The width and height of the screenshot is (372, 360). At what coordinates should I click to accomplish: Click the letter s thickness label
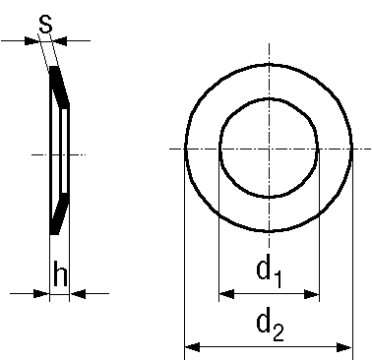[43, 21]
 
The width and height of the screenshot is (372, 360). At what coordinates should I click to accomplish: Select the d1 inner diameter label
[269, 270]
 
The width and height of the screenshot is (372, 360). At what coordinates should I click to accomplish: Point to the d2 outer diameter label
[269, 322]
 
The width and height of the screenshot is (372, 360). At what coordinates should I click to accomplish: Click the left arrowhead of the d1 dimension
[225, 293]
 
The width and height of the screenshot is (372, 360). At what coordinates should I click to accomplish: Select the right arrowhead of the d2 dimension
[345, 346]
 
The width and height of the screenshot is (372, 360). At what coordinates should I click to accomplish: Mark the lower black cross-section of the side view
[58, 211]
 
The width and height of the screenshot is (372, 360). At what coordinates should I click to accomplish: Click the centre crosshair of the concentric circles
[269, 149]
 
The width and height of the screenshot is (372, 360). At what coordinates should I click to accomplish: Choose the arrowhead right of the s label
[60, 40]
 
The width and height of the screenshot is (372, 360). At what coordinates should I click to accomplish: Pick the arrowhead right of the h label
[77, 292]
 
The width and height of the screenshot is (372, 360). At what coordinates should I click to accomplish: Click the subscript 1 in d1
[279, 276]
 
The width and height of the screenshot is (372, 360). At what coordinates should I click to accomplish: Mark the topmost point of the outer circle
[269, 64]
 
